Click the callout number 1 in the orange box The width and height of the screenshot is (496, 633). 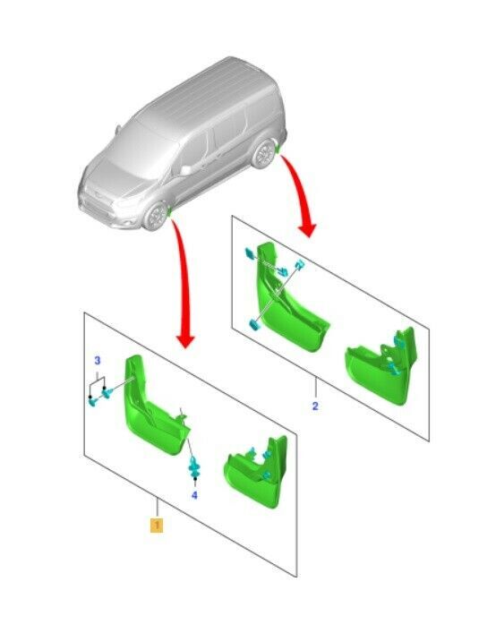click(x=157, y=525)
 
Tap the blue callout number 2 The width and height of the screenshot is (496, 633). click(x=315, y=406)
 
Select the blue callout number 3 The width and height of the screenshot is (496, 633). click(x=98, y=361)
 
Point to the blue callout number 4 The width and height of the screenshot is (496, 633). click(x=194, y=495)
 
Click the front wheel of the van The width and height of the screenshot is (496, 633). click(x=156, y=217)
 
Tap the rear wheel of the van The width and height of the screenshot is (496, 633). click(x=264, y=154)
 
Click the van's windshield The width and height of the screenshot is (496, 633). click(x=133, y=150)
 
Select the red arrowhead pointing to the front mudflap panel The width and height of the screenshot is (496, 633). click(x=185, y=341)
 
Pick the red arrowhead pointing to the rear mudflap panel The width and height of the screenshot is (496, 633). click(x=307, y=229)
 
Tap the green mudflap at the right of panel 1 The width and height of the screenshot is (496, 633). click(x=257, y=473)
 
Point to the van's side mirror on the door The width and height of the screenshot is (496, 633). click(x=186, y=170)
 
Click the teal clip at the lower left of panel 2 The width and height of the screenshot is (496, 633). click(x=254, y=324)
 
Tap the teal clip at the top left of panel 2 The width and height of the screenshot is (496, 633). click(x=250, y=254)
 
